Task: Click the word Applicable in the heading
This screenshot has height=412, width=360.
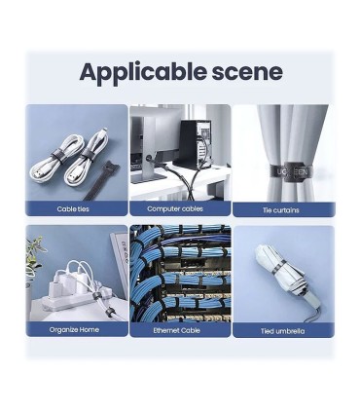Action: click(143, 73)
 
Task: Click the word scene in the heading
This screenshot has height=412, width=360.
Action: click(247, 73)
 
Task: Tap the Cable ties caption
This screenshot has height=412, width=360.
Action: click(73, 208)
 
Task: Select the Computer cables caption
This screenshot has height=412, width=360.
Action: click(175, 208)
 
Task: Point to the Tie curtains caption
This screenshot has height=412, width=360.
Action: click(281, 210)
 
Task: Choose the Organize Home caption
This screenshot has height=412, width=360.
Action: click(74, 329)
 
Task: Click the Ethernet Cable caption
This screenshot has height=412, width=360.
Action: click(176, 330)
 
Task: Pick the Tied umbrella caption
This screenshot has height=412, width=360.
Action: click(282, 331)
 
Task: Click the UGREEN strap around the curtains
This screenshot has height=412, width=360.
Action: click(291, 171)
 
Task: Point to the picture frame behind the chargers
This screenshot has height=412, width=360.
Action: click(120, 260)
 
